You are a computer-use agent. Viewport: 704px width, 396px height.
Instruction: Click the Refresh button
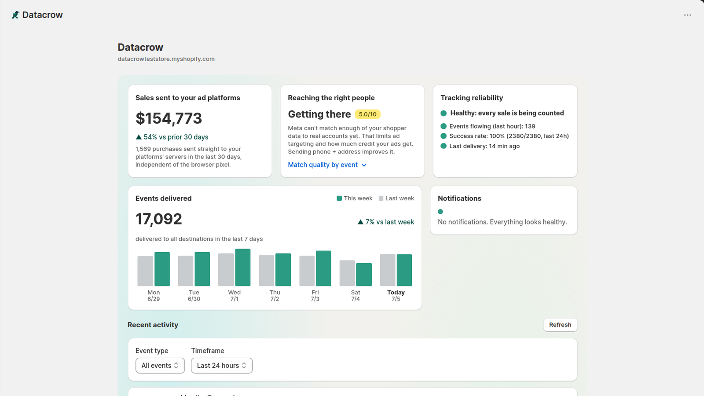(560, 325)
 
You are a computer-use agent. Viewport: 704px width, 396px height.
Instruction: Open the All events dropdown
(160, 366)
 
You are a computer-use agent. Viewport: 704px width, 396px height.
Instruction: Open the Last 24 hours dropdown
(222, 366)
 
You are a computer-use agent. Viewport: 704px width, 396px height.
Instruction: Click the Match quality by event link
(327, 165)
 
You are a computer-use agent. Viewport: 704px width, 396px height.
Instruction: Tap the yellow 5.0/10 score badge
(367, 114)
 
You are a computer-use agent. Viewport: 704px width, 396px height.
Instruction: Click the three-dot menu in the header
(687, 15)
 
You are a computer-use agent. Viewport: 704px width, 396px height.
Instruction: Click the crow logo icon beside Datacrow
(15, 15)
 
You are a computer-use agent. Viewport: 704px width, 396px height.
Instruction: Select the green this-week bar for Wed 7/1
(242, 268)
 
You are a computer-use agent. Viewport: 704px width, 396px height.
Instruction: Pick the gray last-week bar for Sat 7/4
(347, 273)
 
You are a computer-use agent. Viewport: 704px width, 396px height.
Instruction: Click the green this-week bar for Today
(404, 270)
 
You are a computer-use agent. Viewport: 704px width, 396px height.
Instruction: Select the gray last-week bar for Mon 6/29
(145, 271)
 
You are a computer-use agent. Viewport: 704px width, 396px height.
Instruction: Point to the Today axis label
(396, 292)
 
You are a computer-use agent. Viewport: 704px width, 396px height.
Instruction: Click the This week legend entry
(355, 198)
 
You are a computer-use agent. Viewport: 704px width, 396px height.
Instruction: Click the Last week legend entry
(396, 198)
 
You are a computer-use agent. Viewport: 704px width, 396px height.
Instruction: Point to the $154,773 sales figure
(169, 118)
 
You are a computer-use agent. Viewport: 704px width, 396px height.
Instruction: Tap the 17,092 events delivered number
(159, 219)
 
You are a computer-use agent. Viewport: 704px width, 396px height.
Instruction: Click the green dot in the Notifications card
(440, 212)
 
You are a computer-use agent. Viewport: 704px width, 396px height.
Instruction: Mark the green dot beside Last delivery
(444, 146)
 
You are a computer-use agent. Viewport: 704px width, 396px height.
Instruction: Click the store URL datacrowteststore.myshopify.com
(166, 59)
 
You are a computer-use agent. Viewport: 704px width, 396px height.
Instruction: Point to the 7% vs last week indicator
(385, 222)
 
